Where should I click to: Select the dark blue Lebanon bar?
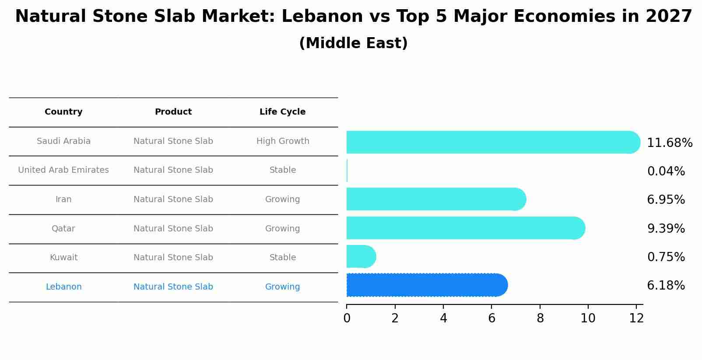pos(427,285)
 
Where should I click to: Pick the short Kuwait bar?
pos(361,256)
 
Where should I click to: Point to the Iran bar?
pos(435,199)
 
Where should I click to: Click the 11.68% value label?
pos(669,143)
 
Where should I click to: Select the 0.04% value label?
pos(666,171)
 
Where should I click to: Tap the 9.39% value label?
pos(666,228)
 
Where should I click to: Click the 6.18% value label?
pos(666,286)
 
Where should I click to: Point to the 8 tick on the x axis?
pos(540,318)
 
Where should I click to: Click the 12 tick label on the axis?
pos(636,318)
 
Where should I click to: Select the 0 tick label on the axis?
pos(347,318)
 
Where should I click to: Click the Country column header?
pos(63,112)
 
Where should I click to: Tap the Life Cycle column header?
pos(282,112)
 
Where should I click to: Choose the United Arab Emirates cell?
pos(63,170)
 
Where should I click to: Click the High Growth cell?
pos(283,141)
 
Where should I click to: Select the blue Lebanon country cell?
pos(63,287)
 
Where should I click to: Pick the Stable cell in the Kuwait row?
pos(283,258)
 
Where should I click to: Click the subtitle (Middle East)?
pos(353,43)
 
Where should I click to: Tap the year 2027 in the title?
pos(669,17)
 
